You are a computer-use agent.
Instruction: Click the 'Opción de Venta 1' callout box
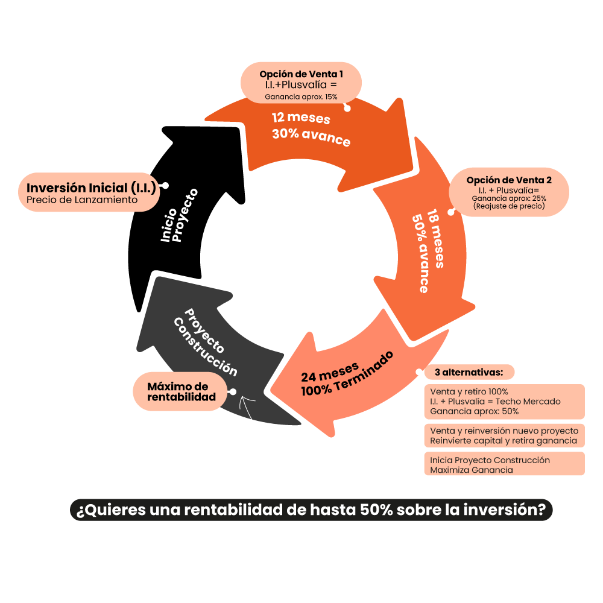coord(301,83)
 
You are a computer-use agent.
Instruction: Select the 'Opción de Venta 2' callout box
coord(509,192)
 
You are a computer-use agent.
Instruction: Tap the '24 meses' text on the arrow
coord(330,371)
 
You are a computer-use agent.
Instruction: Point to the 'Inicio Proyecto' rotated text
coord(179,217)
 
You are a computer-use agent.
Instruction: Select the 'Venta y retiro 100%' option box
coord(504,402)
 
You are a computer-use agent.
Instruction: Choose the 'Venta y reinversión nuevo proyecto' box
coord(504,435)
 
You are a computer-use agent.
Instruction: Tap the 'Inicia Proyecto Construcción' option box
coord(504,464)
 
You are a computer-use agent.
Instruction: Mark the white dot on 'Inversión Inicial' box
coord(165,186)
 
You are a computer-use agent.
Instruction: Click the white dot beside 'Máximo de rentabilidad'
coord(232,392)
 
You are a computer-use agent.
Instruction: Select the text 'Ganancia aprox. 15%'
coord(301,96)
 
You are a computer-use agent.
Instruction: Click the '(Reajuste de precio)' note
coord(509,206)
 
